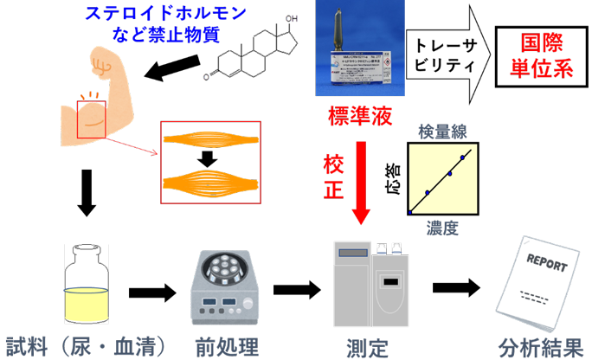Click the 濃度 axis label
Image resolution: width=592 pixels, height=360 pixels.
pos(442,228)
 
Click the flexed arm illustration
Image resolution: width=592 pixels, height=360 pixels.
pos(100,100)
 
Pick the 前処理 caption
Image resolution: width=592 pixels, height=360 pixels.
pos(224,345)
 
